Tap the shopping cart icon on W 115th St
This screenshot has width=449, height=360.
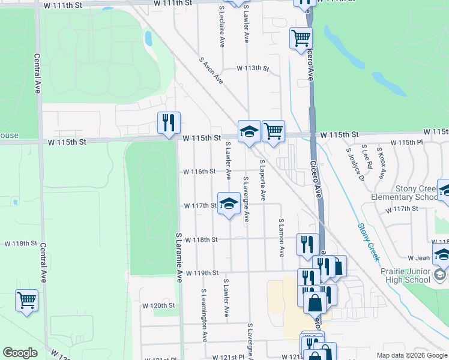coord(273,130)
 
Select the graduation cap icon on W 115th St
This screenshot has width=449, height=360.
coord(249,131)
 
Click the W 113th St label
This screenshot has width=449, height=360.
coord(252,68)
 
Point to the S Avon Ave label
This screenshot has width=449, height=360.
coord(211,71)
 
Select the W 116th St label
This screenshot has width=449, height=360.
coord(200,172)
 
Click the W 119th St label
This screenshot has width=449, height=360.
coord(202,273)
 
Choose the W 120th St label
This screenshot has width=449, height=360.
coord(158,305)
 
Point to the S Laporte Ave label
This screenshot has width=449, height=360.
coord(262,180)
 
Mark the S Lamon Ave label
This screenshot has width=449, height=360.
coord(281,238)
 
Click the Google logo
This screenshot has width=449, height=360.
coord(20,353)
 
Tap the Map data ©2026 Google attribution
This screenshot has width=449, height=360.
coord(411,355)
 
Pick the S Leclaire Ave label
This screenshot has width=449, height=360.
coord(222,27)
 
